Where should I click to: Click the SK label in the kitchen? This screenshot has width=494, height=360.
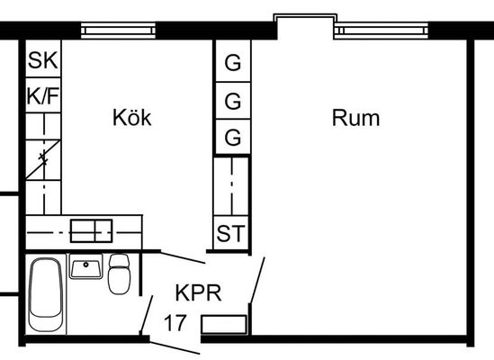[x=43, y=60]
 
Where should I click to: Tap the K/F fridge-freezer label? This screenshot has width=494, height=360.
[x=43, y=95]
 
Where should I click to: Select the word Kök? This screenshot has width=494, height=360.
[x=132, y=118]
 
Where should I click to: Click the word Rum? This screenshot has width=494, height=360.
[x=355, y=118]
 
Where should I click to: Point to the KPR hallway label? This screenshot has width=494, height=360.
[x=199, y=292]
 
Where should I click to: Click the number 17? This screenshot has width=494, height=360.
[x=175, y=323]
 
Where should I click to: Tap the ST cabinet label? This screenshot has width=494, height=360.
[x=230, y=234]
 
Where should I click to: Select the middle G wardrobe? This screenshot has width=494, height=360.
[x=233, y=101]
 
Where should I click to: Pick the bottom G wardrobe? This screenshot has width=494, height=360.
[x=233, y=137]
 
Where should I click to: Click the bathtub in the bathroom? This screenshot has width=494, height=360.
[x=45, y=294]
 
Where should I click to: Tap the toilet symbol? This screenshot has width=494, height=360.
[x=119, y=274]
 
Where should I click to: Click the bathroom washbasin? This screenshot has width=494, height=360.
[x=85, y=266]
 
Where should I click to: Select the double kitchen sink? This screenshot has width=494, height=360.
[x=92, y=230]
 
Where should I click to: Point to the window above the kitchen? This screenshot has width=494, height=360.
[x=118, y=31]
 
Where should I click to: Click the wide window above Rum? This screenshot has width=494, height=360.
[x=382, y=31]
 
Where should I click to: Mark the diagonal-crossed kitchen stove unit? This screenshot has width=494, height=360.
[x=43, y=160]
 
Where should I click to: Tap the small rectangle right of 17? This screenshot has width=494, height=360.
[x=224, y=324]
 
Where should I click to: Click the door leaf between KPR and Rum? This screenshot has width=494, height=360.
[x=256, y=281]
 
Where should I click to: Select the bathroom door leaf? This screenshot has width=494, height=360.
[x=147, y=314]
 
